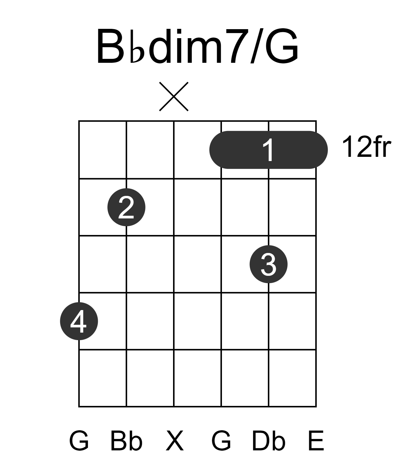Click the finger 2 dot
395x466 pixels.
pyautogui.click(x=126, y=207)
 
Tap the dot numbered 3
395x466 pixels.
pyautogui.click(x=268, y=264)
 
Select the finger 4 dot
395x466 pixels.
pyautogui.click(x=79, y=321)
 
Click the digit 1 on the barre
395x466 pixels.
pyautogui.click(x=268, y=150)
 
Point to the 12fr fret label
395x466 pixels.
pyautogui.click(x=366, y=147)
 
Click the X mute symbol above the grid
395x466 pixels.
pyautogui.click(x=174, y=96)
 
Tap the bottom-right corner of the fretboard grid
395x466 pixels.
pyautogui.click(x=316, y=407)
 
